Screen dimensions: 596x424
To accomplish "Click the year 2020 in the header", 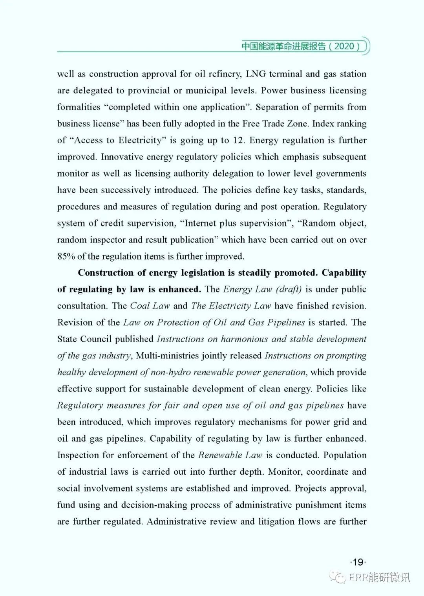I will (x=345, y=46).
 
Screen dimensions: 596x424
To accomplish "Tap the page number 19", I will (x=358, y=562).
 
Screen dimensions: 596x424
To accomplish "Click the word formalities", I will (x=79, y=107).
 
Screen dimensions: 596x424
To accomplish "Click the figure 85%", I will (x=66, y=257).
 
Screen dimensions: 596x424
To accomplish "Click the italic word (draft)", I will (x=289, y=289).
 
